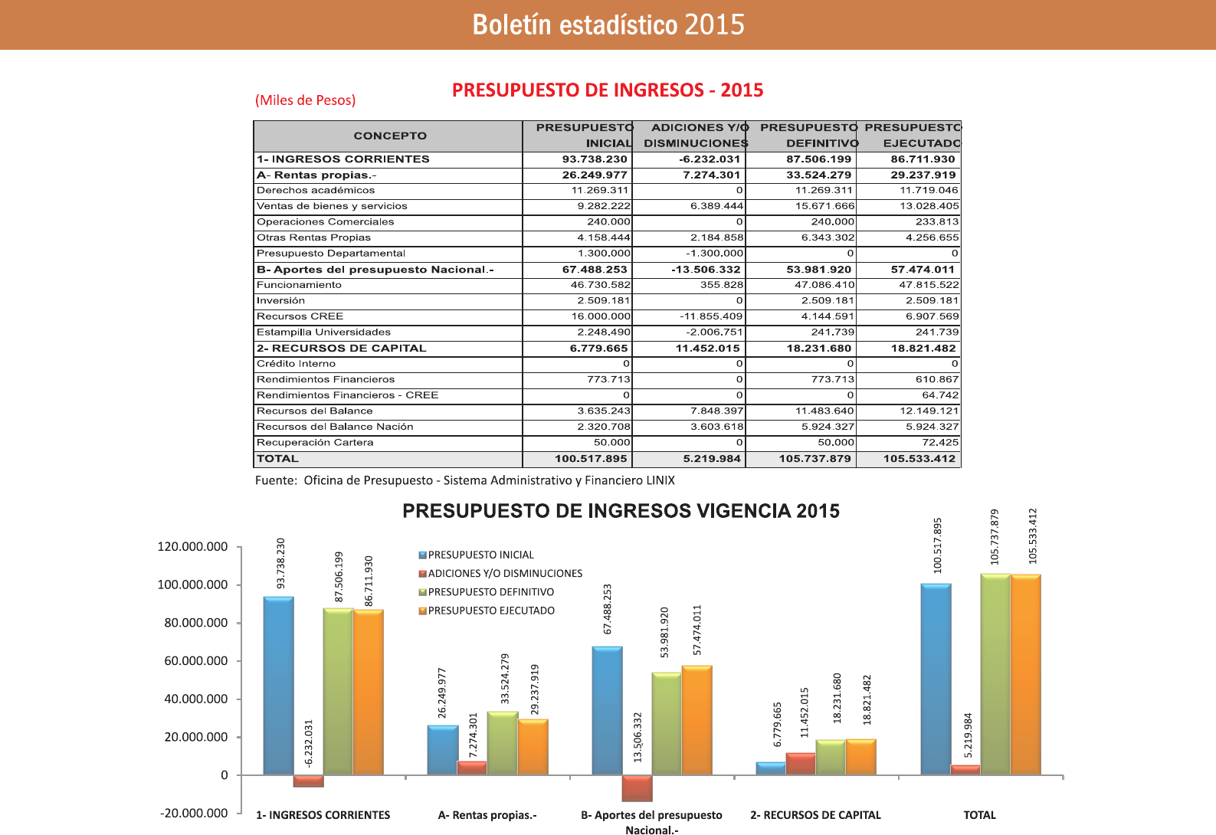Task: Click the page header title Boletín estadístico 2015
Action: [x=608, y=25]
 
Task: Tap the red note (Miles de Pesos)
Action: [x=305, y=100]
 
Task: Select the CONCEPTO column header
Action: [x=389, y=136]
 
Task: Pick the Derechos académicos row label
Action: [x=316, y=190]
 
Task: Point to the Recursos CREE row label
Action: [x=300, y=316]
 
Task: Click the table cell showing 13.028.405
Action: [x=928, y=206]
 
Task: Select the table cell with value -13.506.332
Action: [x=706, y=270]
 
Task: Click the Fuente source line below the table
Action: [x=464, y=480]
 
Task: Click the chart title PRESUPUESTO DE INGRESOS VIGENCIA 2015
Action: [x=621, y=511]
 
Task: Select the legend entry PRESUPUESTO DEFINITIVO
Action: [x=490, y=592]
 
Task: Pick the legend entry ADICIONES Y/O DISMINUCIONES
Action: [x=504, y=574]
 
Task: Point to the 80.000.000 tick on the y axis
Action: [x=195, y=623]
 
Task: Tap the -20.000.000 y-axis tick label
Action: [x=194, y=813]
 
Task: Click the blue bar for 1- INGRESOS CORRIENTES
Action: [x=278, y=686]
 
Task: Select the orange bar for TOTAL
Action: [x=1025, y=674]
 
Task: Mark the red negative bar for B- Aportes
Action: [x=637, y=788]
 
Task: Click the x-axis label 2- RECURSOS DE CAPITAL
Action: [x=815, y=815]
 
